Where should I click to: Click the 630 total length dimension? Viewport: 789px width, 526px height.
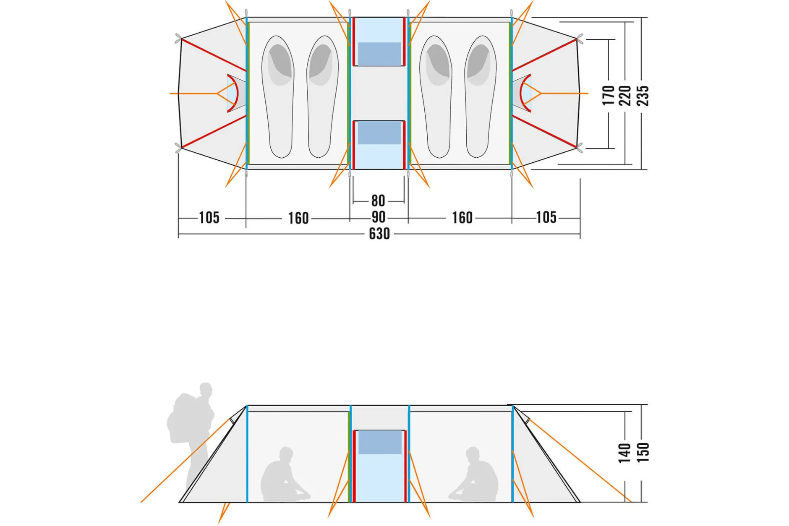[x=379, y=234]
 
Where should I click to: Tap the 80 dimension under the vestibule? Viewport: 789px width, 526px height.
[x=378, y=201]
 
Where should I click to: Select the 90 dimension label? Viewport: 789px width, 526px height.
[x=379, y=217]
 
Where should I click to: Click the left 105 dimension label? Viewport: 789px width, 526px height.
[x=209, y=218]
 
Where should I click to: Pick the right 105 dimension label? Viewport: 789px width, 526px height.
[x=546, y=217]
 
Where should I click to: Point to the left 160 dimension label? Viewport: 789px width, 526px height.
[x=298, y=218]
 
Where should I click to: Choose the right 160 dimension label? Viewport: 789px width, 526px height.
[x=462, y=218]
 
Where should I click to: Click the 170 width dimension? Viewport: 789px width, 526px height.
[x=608, y=95]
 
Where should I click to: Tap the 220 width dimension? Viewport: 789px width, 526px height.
[x=625, y=95]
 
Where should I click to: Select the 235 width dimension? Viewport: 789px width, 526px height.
[x=643, y=95]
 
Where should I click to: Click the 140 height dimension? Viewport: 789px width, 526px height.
[x=624, y=453]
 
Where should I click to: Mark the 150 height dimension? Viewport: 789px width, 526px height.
[x=643, y=452]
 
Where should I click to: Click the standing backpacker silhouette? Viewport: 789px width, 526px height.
[x=191, y=436]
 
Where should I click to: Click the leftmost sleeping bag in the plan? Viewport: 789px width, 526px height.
[x=278, y=96]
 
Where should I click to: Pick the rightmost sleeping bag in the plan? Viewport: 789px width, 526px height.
[x=480, y=96]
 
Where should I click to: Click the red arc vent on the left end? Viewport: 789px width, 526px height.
[x=235, y=93]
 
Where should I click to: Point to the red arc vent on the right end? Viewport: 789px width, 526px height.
[x=523, y=93]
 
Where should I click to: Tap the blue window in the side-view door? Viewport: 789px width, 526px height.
[x=380, y=442]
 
